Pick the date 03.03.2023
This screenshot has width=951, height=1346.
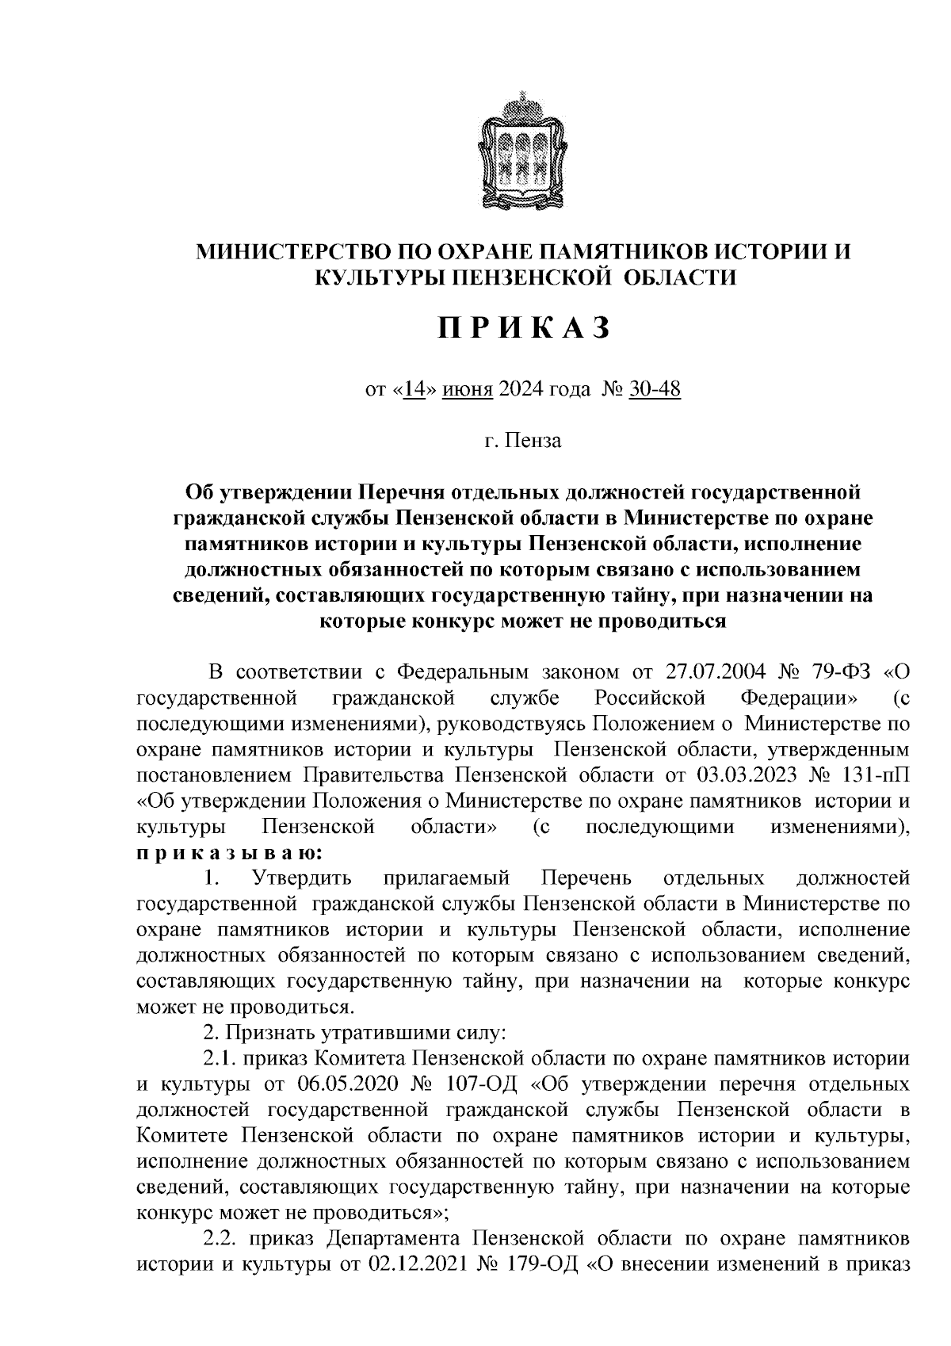[x=744, y=773]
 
